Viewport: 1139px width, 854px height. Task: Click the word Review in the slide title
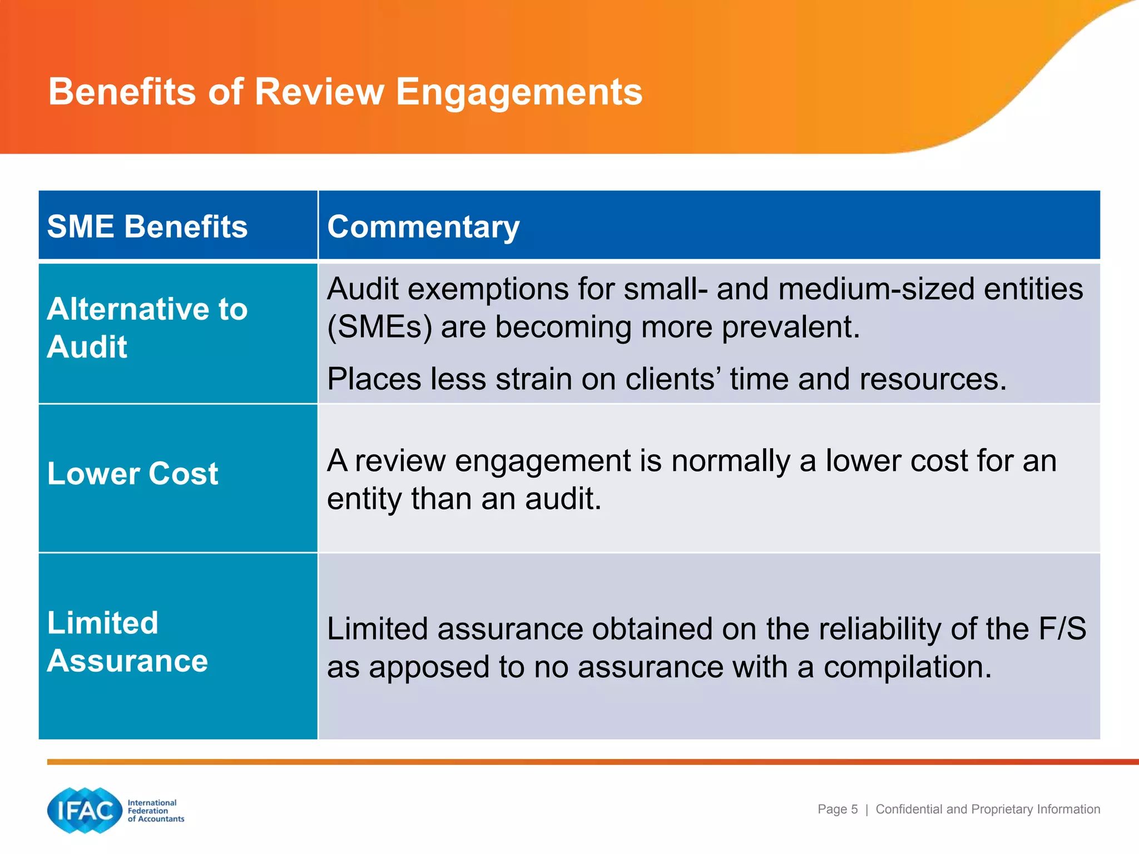[x=319, y=92]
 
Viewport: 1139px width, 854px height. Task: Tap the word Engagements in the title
[x=519, y=92]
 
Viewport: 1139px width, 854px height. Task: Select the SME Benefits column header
[x=147, y=227]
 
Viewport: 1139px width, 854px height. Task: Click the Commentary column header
[x=423, y=227]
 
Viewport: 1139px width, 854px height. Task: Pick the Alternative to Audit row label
[x=147, y=328]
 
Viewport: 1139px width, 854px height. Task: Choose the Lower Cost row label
[x=133, y=474]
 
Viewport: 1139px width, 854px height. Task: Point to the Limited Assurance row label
[x=127, y=642]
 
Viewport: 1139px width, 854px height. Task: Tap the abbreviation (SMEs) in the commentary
[x=379, y=327]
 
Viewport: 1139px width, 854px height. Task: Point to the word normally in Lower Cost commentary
[x=730, y=461]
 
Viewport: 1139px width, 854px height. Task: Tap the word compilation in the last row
[x=907, y=667]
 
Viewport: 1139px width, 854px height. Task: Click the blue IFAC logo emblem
[x=85, y=810]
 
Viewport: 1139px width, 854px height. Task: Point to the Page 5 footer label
[x=838, y=810]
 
